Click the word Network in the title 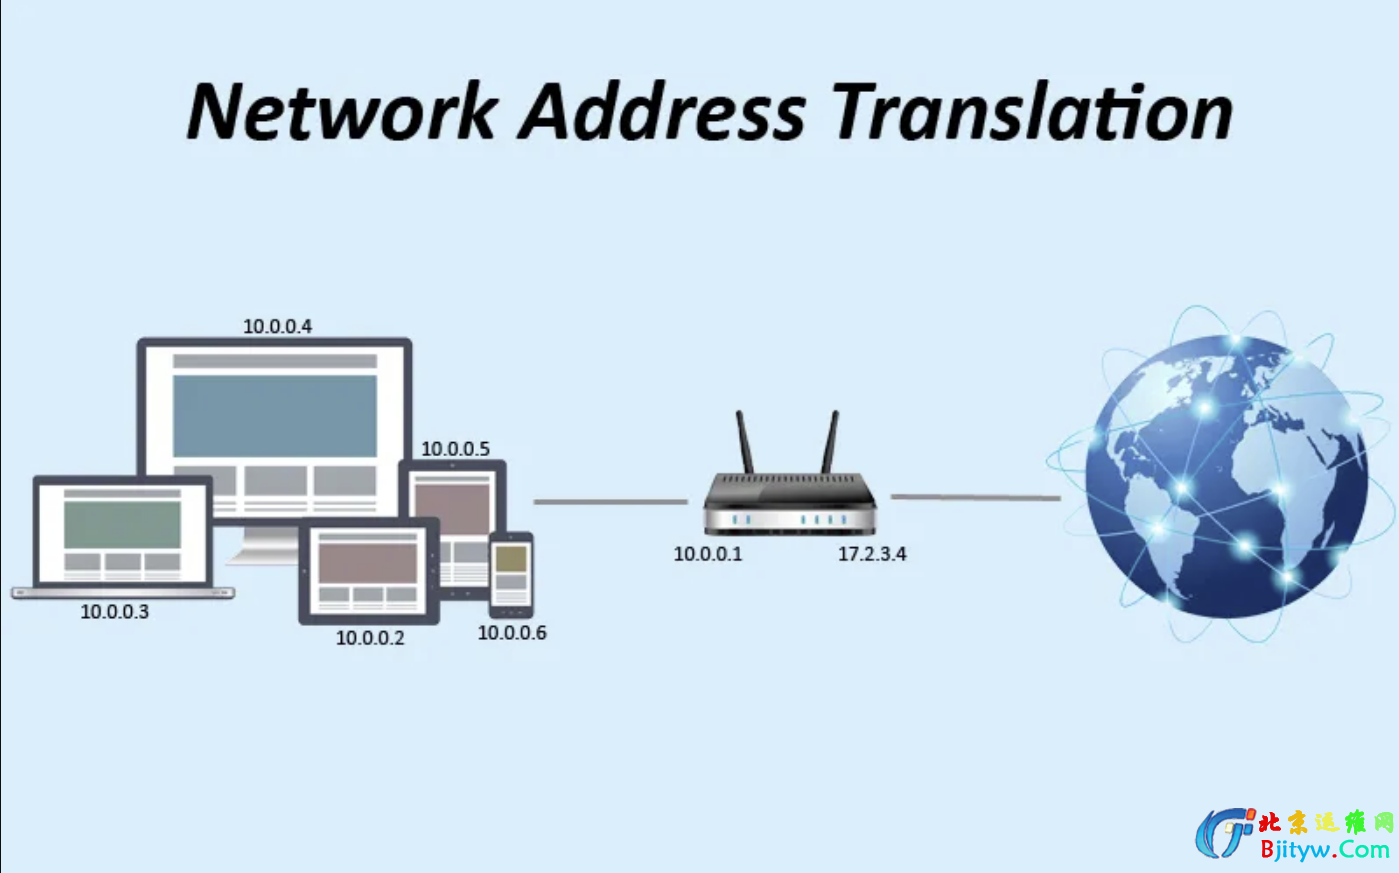point(342,111)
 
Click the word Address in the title point(661,111)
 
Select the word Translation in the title point(1031,111)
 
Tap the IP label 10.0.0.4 point(277,326)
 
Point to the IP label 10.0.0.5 point(455,449)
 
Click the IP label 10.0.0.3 point(114,612)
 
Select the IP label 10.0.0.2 point(370,638)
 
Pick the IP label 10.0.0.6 point(512,633)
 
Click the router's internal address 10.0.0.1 point(708,554)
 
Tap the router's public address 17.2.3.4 point(872,554)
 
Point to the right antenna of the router point(830,442)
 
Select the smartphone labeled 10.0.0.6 point(511,574)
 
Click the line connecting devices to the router point(610,501)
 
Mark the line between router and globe point(975,497)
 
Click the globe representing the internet point(1225,476)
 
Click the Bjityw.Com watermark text point(1324,850)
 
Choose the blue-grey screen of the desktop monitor point(275,415)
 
